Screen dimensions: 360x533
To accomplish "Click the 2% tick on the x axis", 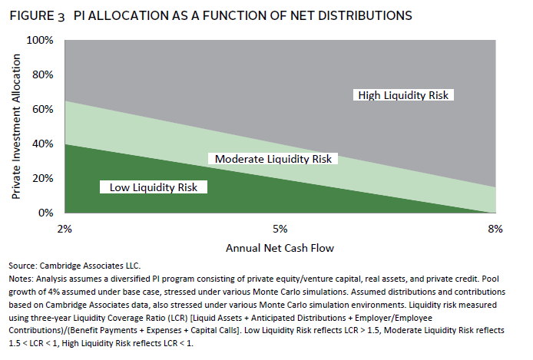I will [x=64, y=228].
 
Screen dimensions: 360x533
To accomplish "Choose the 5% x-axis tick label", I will [x=280, y=228].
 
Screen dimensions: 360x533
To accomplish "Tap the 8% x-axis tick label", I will [x=495, y=228].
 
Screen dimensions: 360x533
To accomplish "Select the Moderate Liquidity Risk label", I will [x=273, y=159].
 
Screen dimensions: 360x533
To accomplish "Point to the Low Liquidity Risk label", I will [x=154, y=186].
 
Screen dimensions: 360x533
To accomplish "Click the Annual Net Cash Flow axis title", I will [x=280, y=249].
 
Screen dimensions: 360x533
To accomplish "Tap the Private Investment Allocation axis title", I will [x=16, y=126].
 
